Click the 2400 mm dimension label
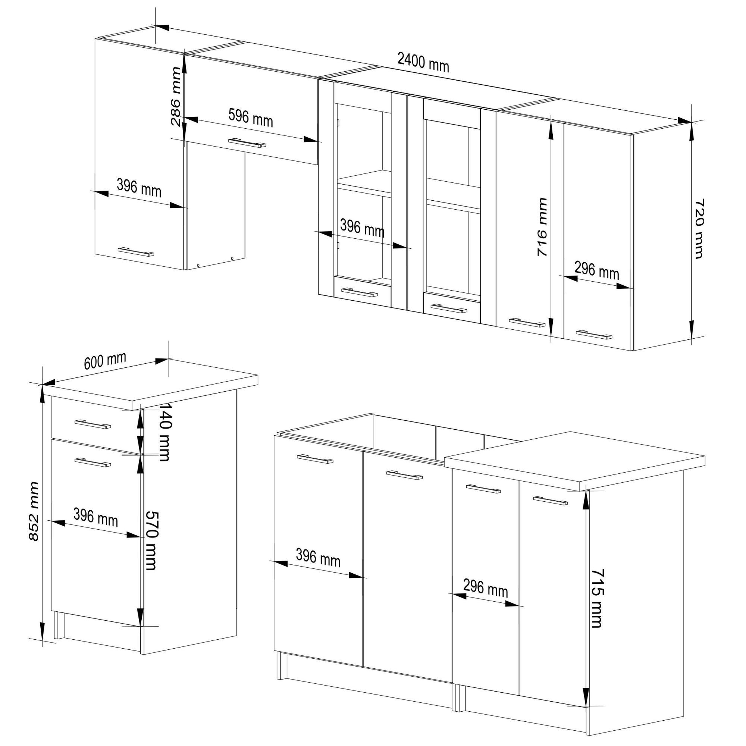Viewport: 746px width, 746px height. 423,63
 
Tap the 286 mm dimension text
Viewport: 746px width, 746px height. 176,97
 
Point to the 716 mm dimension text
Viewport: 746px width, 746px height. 542,227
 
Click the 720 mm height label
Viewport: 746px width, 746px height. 699,229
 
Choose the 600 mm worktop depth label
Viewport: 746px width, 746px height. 105,361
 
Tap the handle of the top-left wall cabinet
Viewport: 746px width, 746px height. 136,252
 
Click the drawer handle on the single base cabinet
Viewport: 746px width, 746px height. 93,424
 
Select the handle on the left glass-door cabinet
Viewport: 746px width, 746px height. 360,292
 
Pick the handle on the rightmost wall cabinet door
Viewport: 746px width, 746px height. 594,334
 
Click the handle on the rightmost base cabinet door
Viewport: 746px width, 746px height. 550,501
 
